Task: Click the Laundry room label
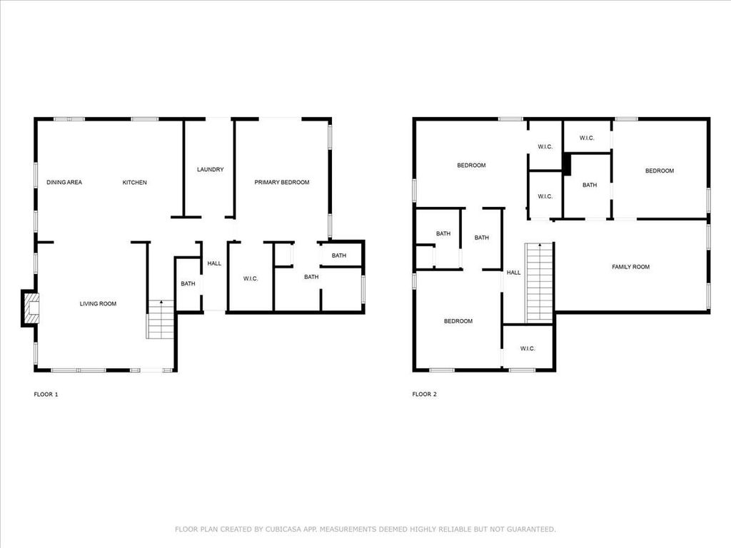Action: tap(211, 170)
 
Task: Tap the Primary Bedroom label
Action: tap(281, 182)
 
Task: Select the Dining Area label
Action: tap(64, 182)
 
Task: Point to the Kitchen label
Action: tap(135, 182)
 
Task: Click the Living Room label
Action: tap(98, 304)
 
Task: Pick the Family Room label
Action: tap(631, 267)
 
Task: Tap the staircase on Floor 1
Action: tap(161, 319)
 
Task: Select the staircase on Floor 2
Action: tap(540, 283)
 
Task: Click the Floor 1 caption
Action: tap(46, 394)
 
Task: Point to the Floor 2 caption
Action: tap(424, 394)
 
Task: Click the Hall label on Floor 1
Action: tap(214, 264)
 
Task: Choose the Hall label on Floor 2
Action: tap(514, 273)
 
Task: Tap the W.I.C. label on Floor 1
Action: tap(251, 279)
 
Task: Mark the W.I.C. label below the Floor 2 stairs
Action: tap(528, 348)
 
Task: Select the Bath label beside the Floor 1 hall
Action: tap(188, 284)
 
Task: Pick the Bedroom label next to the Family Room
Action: tap(660, 171)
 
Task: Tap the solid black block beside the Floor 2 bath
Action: tap(567, 165)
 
